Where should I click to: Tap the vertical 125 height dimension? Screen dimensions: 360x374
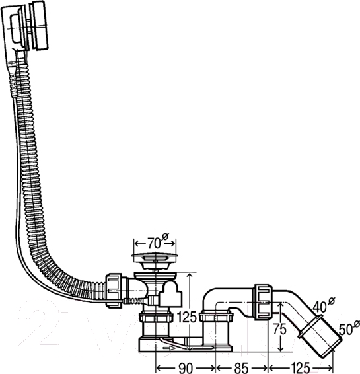187,317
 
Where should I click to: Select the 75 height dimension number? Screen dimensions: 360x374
280,330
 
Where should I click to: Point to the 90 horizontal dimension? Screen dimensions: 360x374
185,367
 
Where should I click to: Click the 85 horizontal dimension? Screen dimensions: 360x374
241,367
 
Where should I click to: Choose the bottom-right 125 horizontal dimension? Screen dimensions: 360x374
300,367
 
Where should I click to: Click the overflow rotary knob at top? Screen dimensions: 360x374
40,26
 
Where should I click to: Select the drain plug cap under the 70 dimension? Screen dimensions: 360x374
155,257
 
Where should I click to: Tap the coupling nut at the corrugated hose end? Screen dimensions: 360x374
114,290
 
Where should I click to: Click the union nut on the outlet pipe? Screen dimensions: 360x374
263,302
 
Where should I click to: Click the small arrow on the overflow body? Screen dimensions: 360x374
11,63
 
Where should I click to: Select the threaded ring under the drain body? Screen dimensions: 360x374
156,318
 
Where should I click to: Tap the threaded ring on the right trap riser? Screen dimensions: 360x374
216,317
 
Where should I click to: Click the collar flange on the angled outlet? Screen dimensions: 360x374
310,326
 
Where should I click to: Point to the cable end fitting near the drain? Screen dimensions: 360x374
133,301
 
